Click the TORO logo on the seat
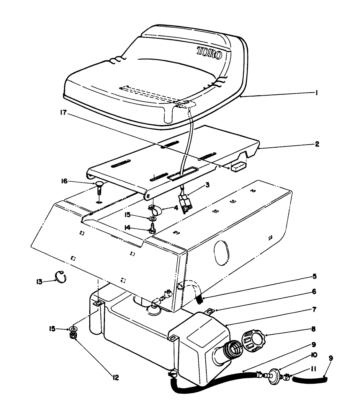209,53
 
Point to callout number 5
314,276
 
